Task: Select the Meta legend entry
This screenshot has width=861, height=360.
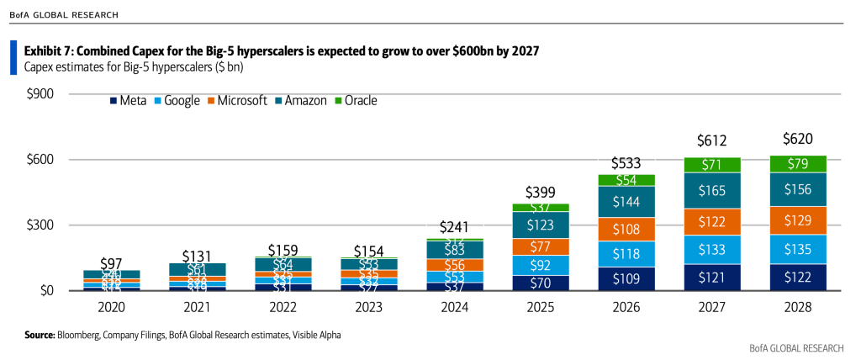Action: click(x=128, y=101)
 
